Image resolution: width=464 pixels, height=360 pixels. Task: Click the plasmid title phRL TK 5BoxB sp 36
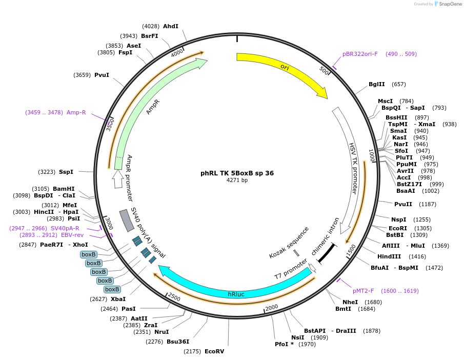[237, 173]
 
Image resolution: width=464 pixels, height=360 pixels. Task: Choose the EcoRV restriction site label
[214, 351]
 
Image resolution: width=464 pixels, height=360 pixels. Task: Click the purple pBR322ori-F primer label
[360, 54]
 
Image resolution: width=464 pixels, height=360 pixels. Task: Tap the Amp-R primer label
[76, 112]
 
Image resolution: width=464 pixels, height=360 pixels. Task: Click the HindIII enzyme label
[390, 256]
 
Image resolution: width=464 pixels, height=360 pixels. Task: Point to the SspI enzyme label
[66, 172]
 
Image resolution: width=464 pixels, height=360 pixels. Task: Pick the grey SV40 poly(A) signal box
[126, 220]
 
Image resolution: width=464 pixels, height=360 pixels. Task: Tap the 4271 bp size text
[237, 181]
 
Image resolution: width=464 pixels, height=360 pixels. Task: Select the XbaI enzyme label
[118, 299]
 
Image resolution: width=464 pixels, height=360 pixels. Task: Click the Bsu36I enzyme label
[178, 342]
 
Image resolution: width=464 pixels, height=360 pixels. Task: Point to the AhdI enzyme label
[171, 26]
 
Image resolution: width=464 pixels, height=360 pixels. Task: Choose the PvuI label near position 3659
[102, 75]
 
